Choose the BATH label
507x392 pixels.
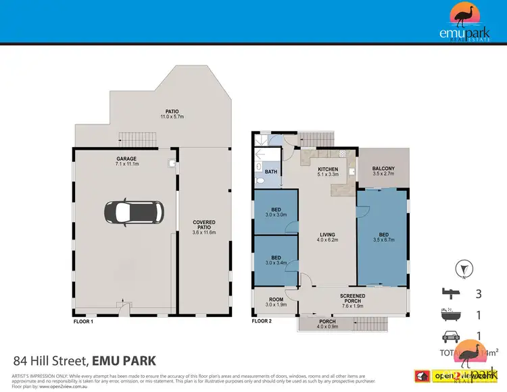[271, 172]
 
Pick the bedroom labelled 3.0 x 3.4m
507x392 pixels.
[276, 259]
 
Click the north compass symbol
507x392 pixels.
[462, 267]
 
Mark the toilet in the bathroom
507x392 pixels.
[261, 181]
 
